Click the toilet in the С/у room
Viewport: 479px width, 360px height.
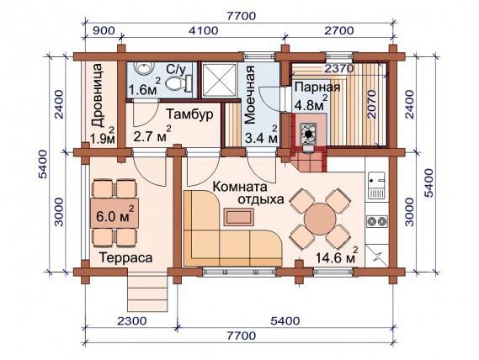coord(178,83)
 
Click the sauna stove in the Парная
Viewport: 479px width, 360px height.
coord(309,134)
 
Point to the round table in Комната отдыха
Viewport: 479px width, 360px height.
coord(320,219)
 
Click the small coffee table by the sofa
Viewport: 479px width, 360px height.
coord(239,217)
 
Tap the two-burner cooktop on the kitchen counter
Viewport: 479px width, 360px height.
coord(377,221)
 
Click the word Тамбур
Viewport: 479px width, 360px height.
coord(189,114)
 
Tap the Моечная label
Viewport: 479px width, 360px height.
coord(250,94)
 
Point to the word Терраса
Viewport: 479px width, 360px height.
coord(125,257)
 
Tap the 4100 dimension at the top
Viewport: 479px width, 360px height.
coord(203,30)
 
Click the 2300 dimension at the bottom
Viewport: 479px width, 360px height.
coord(131,321)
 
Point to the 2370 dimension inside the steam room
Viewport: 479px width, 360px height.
coord(338,68)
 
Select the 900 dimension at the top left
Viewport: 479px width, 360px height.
coord(104,30)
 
